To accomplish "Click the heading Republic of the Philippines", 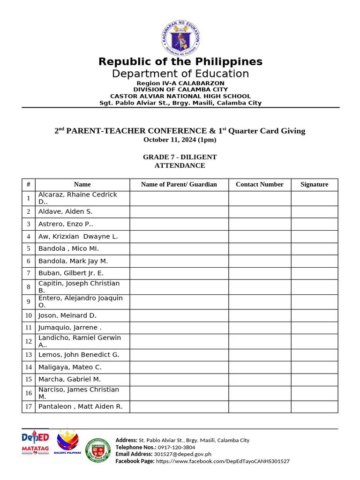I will pyautogui.click(x=180, y=62).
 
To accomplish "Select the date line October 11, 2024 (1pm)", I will pyautogui.click(x=180, y=140).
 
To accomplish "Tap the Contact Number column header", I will pyautogui.click(x=259, y=185).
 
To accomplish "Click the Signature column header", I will pyautogui.click(x=314, y=185).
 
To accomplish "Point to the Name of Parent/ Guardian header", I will pyautogui.click(x=179, y=185).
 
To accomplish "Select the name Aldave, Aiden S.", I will pyautogui.click(x=65, y=212).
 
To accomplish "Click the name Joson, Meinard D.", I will pyautogui.click(x=67, y=315).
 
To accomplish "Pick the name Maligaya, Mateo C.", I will pyautogui.click(x=70, y=367).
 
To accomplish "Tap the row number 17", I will pyautogui.click(x=29, y=406).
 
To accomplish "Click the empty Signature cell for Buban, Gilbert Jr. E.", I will pyautogui.click(x=314, y=273).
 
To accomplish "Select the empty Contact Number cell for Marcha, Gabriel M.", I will pyautogui.click(x=259, y=379).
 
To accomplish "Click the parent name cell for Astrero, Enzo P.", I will pyautogui.click(x=179, y=224).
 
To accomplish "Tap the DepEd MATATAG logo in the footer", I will pyautogui.click(x=35, y=442).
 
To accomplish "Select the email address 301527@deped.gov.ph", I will pyautogui.click(x=182, y=454).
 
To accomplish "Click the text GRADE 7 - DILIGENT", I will pyautogui.click(x=180, y=157).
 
